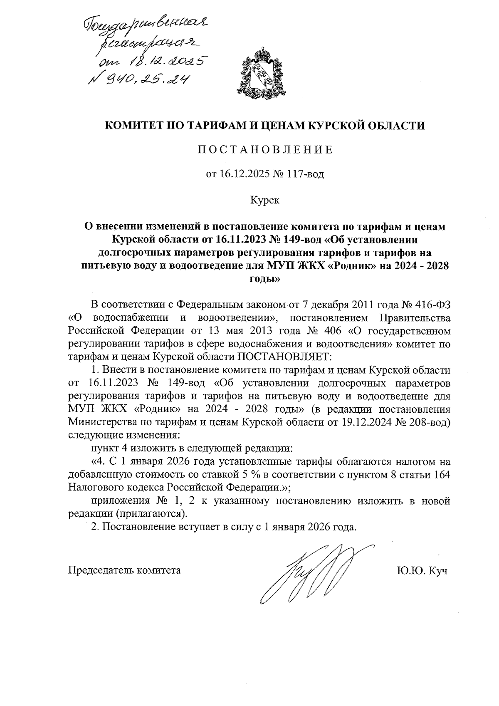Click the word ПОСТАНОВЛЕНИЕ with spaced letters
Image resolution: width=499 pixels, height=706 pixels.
(x=265, y=150)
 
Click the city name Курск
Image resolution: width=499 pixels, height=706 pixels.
(x=264, y=201)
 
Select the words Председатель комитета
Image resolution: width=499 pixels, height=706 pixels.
(x=124, y=570)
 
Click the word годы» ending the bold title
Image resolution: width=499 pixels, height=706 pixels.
(x=264, y=279)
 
